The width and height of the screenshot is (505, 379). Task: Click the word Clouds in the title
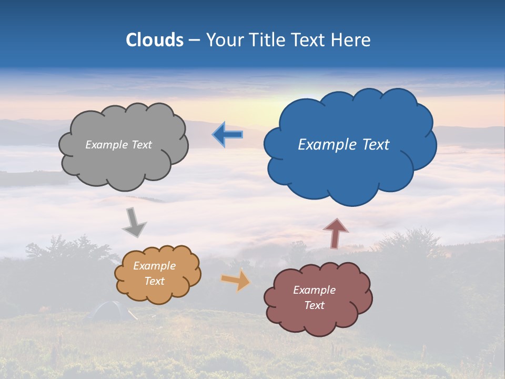pyautogui.click(x=155, y=40)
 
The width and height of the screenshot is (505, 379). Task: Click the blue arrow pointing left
pyautogui.click(x=227, y=135)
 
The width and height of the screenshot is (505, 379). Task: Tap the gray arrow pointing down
pyautogui.click(x=134, y=222)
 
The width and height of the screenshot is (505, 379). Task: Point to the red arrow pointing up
pyautogui.click(x=335, y=233)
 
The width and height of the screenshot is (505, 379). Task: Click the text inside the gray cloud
pyautogui.click(x=118, y=145)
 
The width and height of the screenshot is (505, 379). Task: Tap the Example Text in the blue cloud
pyautogui.click(x=344, y=145)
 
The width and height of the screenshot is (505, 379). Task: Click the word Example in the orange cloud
pyautogui.click(x=154, y=266)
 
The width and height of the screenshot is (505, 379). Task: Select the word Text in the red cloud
pyautogui.click(x=314, y=305)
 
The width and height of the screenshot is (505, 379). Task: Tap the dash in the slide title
pyautogui.click(x=194, y=40)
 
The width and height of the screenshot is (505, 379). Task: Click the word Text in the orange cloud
pyautogui.click(x=154, y=281)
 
